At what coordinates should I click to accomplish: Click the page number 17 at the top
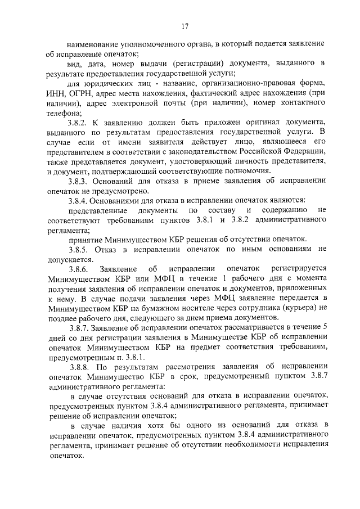184,25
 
